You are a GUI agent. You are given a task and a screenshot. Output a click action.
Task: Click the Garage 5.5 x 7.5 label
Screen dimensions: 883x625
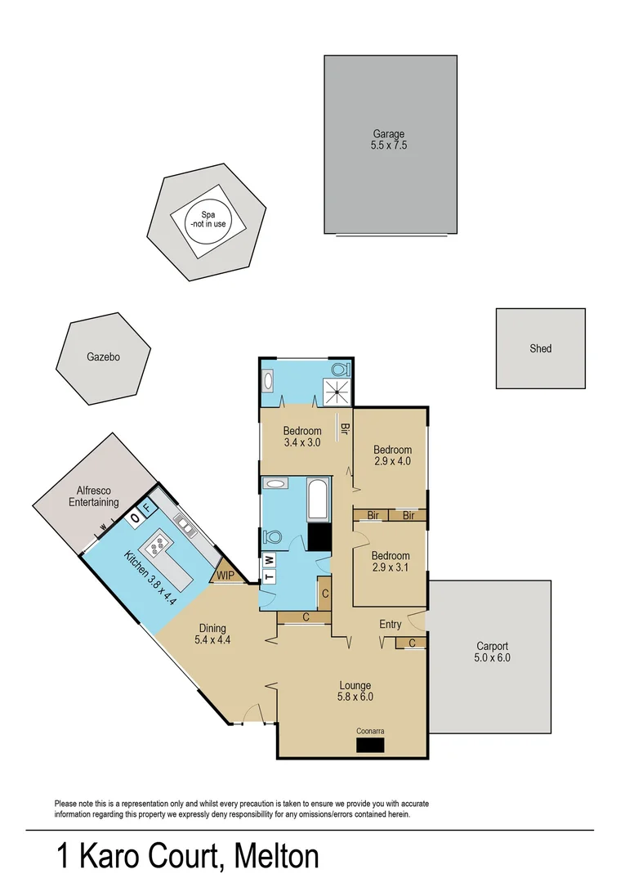pos(389,140)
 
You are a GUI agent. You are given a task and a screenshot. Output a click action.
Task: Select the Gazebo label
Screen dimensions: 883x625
pos(104,357)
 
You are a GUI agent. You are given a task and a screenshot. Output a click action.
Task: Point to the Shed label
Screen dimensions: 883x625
pos(541,348)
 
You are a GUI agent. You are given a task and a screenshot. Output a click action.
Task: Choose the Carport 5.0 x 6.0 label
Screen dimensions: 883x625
pos(492,652)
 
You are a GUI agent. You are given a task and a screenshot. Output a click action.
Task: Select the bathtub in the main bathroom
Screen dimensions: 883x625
pos(317,500)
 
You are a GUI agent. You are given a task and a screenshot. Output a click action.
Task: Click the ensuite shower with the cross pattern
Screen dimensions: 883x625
pos(337,392)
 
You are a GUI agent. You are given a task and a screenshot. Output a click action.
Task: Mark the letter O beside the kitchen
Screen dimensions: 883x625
pos(136,518)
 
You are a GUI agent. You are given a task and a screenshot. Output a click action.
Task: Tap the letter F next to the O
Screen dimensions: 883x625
pos(147,509)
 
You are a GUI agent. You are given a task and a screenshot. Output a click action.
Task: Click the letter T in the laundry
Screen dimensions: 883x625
pos(269,576)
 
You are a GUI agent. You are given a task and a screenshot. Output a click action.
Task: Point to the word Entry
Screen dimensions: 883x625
pos(391,625)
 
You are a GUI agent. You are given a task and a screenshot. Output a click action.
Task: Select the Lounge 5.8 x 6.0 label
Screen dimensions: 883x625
pos(355,692)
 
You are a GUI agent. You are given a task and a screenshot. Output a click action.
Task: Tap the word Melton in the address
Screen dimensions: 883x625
pos(276,857)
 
